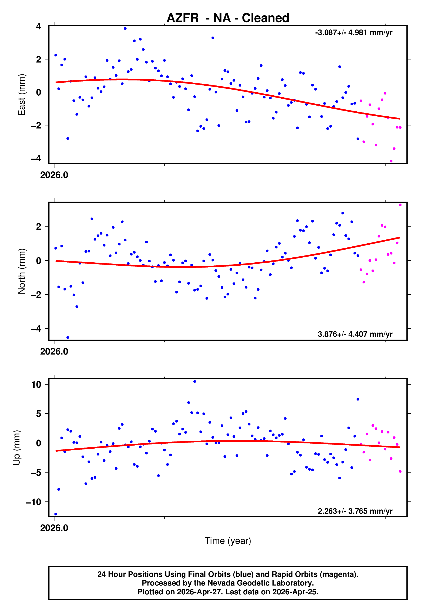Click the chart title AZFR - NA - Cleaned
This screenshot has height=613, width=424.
[x=228, y=18]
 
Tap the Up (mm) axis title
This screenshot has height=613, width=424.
[x=16, y=448]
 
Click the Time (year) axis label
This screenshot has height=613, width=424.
[x=228, y=541]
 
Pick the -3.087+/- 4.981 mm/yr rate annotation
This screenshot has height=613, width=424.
[x=354, y=33]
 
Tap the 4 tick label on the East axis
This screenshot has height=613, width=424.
[x=39, y=26]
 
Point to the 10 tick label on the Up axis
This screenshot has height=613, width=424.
[x=36, y=384]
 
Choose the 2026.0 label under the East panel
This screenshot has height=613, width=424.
[x=54, y=175]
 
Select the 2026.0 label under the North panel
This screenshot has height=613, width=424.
[x=54, y=352]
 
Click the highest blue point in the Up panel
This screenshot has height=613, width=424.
[x=195, y=382]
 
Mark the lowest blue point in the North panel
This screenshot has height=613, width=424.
[x=68, y=338]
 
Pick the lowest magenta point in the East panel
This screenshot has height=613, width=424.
[x=391, y=161]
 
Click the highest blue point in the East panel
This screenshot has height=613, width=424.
[x=125, y=28]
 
